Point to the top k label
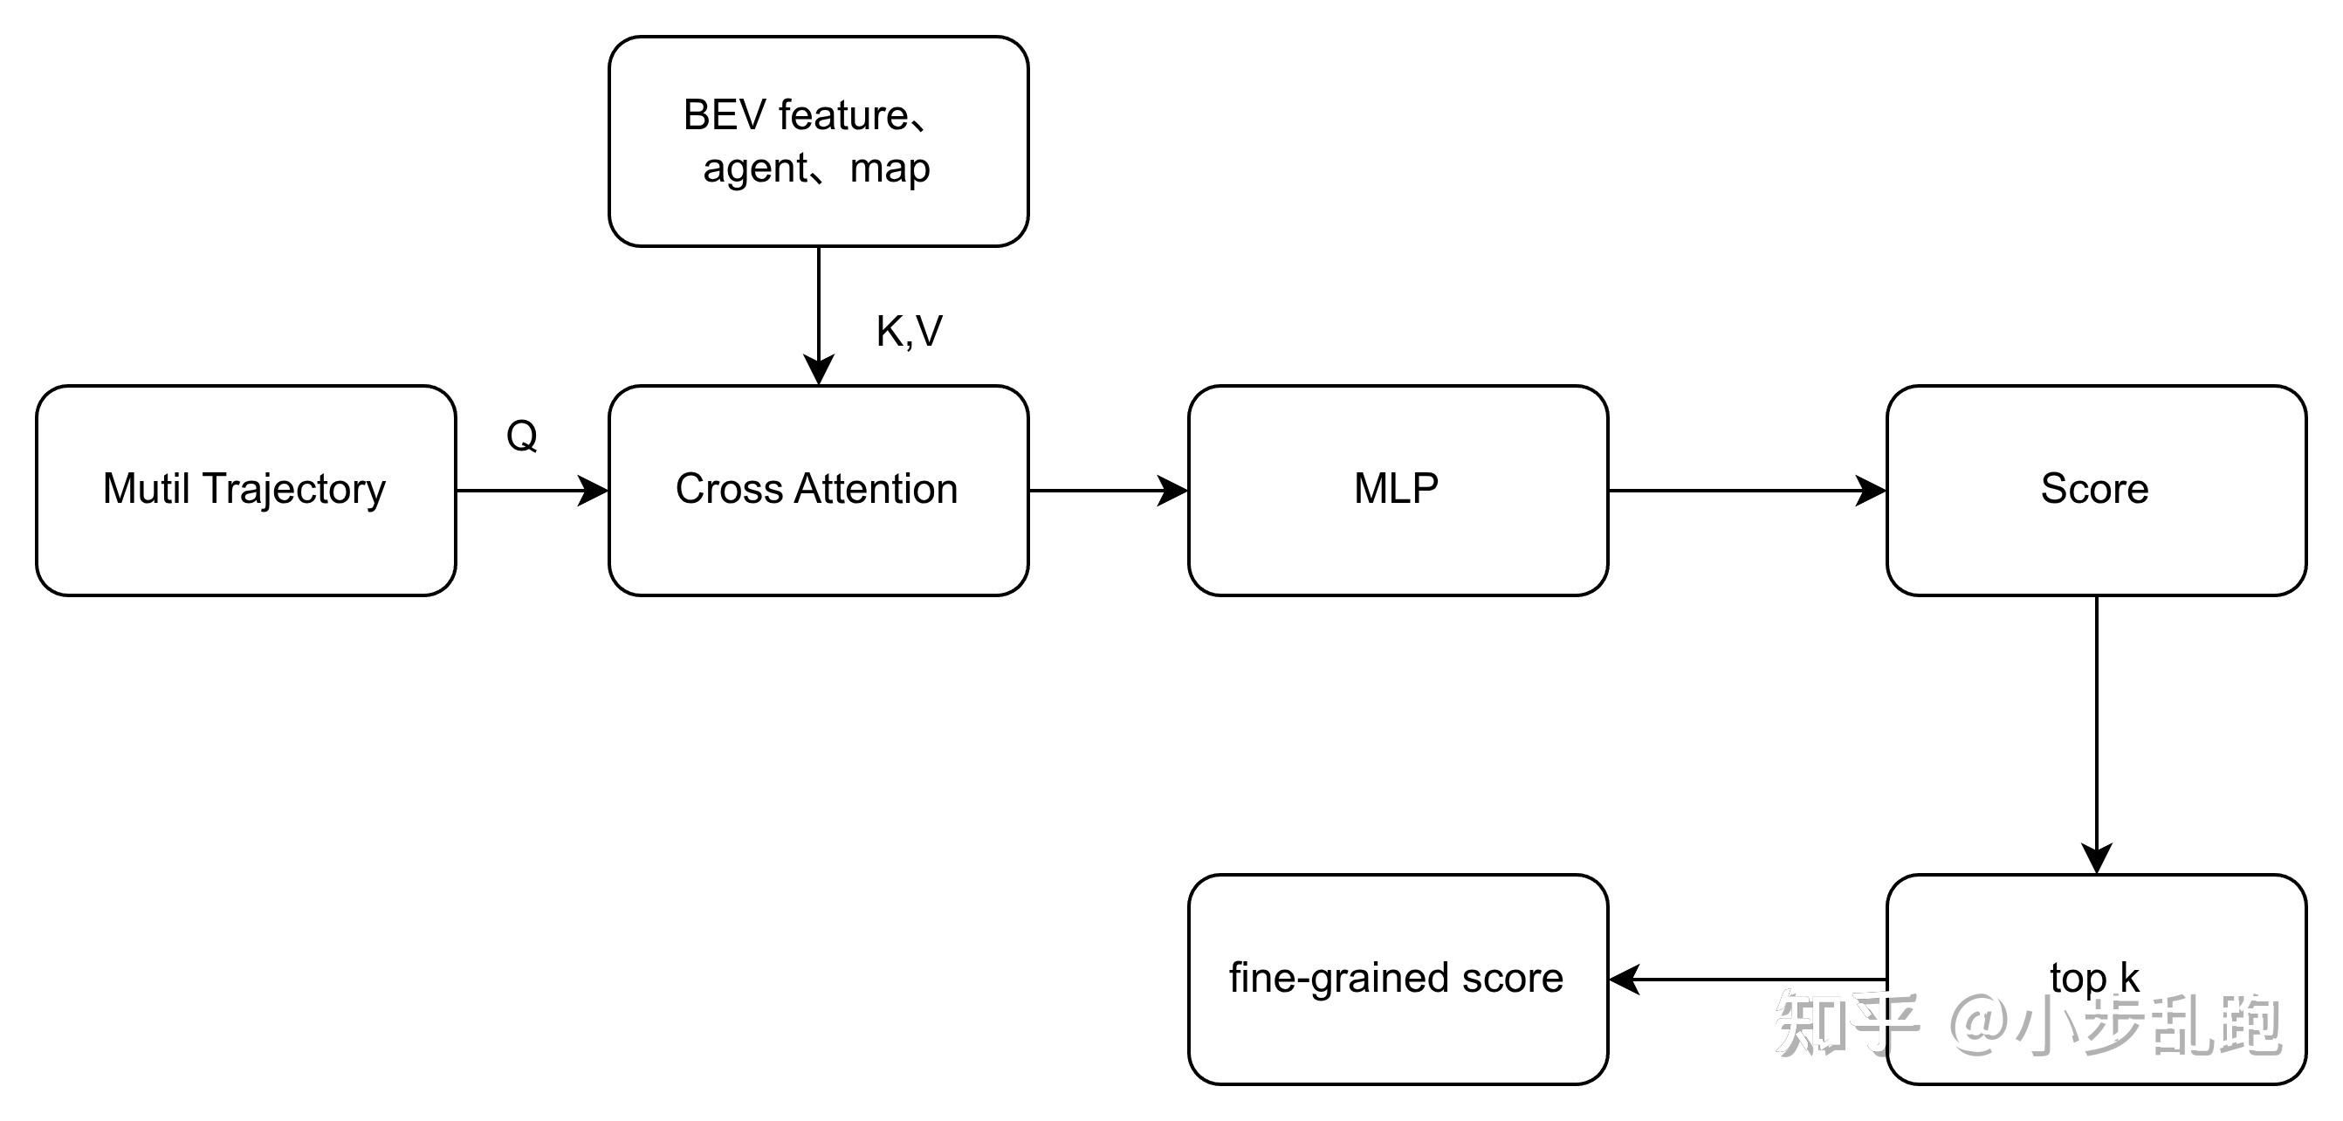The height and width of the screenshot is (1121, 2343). (2095, 978)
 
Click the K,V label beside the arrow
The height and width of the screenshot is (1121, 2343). (909, 331)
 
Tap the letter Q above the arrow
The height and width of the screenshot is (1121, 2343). (522, 436)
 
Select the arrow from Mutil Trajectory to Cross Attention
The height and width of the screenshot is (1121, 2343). (532, 491)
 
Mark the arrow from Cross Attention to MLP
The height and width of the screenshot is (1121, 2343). (1108, 491)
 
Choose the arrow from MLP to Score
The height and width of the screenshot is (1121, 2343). (1746, 491)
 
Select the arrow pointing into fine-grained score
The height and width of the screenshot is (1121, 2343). (1746, 980)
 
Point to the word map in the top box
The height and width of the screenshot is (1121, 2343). (890, 169)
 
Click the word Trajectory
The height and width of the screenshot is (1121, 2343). (294, 490)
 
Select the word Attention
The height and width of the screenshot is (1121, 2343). (876, 489)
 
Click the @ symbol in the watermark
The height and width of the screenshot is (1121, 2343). (1979, 1023)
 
